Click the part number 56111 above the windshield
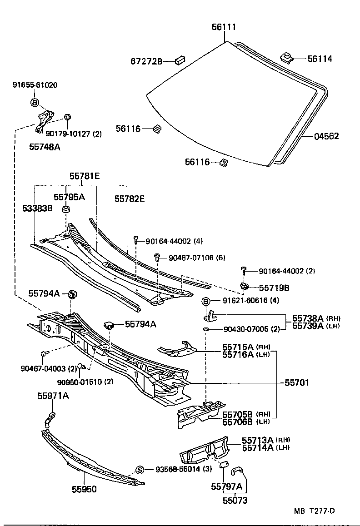(224, 27)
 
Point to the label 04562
(326, 136)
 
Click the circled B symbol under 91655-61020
(35, 103)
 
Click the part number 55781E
(84, 176)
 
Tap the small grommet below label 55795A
(66, 209)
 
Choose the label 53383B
(37, 208)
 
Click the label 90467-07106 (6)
(197, 258)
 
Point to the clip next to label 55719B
(244, 286)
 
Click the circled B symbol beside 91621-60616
(205, 301)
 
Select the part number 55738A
(307, 318)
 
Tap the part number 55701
(296, 383)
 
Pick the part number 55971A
(53, 396)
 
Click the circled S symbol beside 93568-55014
(140, 469)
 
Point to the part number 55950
(84, 489)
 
